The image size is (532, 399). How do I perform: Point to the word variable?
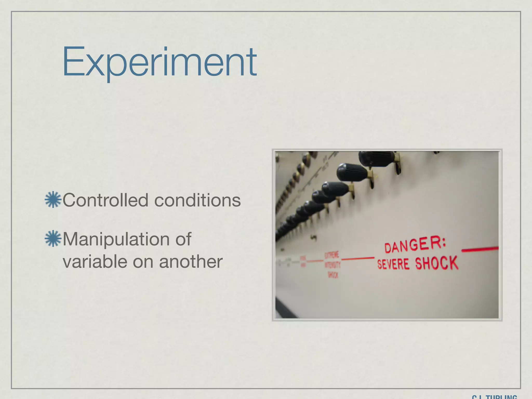[95, 261]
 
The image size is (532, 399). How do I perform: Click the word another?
[191, 261]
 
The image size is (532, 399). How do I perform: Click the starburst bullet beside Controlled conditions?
[53, 199]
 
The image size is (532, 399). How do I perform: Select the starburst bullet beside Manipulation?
[53, 238]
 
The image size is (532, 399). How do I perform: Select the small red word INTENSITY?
[332, 265]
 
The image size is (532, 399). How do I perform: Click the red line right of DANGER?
[480, 250]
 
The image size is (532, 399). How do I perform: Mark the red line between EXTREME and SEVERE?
[357, 258]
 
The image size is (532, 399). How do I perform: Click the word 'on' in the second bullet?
[142, 262]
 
